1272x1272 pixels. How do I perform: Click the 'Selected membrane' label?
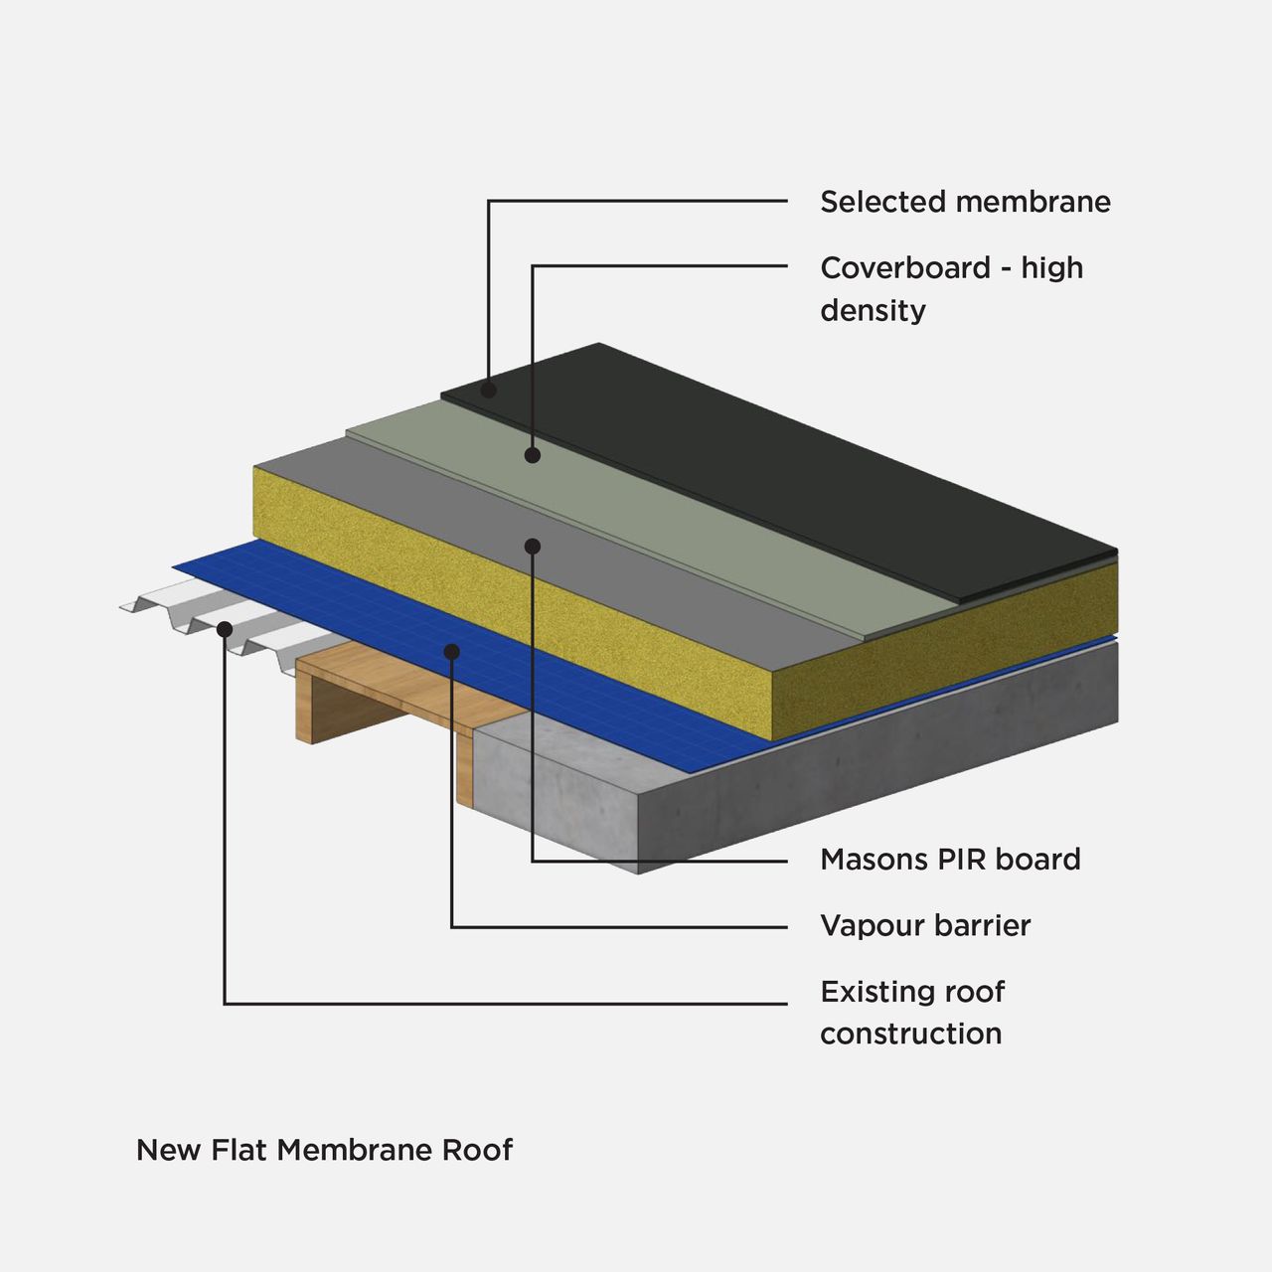click(964, 202)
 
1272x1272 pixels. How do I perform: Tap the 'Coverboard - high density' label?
click(950, 288)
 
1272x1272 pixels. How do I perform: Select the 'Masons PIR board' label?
click(949, 860)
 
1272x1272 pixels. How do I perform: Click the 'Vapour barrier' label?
click(924, 926)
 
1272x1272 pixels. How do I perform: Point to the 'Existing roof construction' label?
click(911, 1012)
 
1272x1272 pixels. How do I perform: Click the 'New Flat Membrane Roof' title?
click(324, 1150)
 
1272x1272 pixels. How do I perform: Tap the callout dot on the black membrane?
click(489, 390)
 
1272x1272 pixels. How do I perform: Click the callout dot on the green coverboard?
click(533, 455)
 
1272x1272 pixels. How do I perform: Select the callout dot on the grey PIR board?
click(533, 546)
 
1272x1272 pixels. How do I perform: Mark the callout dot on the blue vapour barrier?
click(452, 652)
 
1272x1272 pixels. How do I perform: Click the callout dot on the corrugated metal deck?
click(225, 629)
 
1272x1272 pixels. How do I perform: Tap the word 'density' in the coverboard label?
click(873, 310)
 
